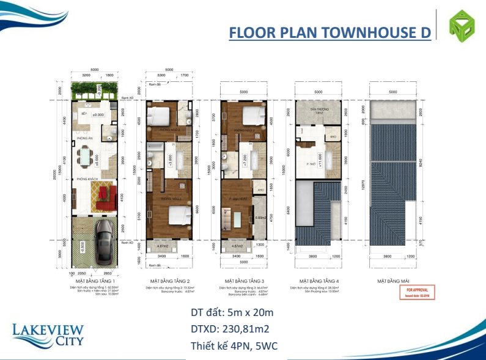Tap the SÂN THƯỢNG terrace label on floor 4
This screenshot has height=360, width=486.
pyautogui.click(x=318, y=111)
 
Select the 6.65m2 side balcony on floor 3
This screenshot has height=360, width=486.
pyautogui.click(x=259, y=218)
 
